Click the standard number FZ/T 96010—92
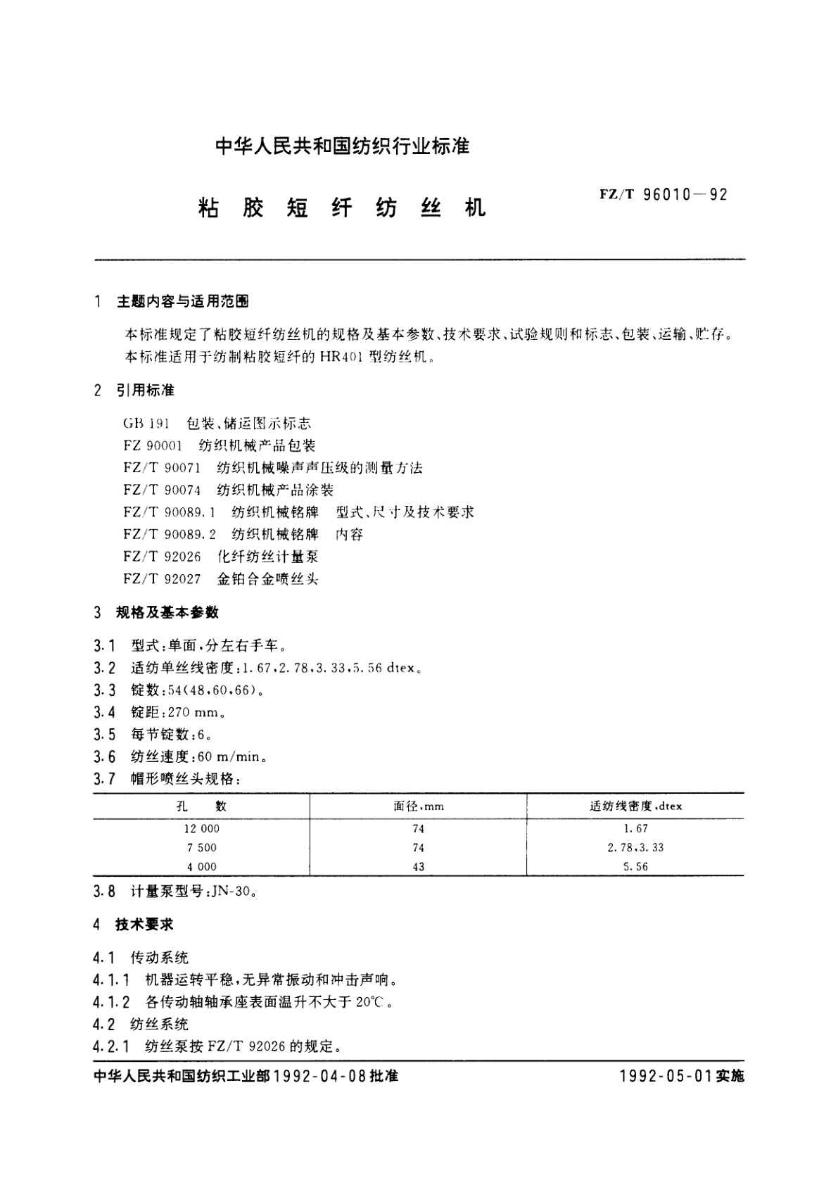tap(663, 195)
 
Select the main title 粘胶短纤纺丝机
tap(341, 208)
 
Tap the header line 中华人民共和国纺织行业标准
tap(342, 146)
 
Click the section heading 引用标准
tap(146, 390)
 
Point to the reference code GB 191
tap(146, 424)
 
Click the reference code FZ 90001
tap(153, 445)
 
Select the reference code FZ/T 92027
tap(162, 579)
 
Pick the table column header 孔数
tap(201, 806)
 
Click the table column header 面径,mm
tap(419, 806)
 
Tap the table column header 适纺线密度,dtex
tap(635, 806)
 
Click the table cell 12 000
tap(201, 829)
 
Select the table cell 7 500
tap(201, 848)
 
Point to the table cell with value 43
tap(419, 867)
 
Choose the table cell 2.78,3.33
tap(635, 848)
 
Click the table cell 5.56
tap(635, 867)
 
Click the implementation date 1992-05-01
tap(666, 1077)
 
